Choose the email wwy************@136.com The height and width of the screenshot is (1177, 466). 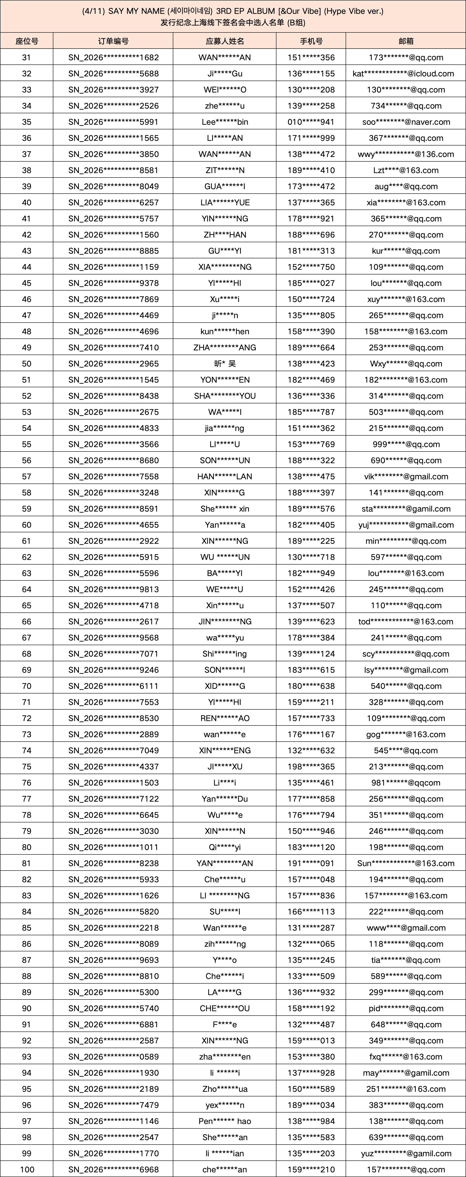click(x=406, y=154)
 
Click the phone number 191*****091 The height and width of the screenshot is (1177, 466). click(x=311, y=863)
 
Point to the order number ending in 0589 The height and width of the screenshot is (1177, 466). click(x=113, y=1056)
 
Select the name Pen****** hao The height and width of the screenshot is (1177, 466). click(x=225, y=1121)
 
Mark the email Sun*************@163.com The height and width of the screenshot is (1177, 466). click(x=406, y=863)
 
